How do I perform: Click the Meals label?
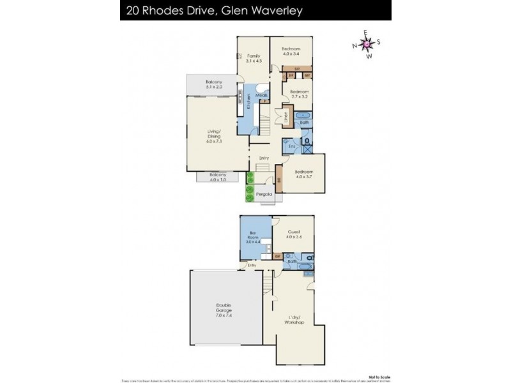pos(261,96)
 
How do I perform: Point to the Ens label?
pos(291,147)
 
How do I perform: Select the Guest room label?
pos(294,234)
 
